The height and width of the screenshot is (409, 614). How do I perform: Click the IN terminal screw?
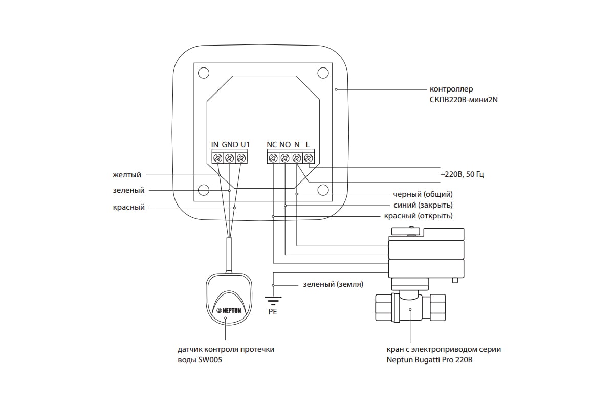[218, 158]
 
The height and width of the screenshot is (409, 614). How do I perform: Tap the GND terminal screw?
[229, 158]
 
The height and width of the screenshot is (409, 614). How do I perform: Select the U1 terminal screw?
[241, 158]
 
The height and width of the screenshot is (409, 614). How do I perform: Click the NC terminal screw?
[273, 158]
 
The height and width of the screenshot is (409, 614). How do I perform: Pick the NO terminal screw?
[285, 158]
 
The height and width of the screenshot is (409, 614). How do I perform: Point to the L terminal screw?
[309, 158]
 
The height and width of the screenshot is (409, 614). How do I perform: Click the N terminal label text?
[297, 144]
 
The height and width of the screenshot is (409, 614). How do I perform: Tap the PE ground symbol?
[273, 301]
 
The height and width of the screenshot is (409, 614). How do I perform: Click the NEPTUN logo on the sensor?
[229, 310]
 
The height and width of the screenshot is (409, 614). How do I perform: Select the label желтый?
[127, 175]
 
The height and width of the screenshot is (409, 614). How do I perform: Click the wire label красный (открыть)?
[419, 216]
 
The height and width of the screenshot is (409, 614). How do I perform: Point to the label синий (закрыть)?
[423, 205]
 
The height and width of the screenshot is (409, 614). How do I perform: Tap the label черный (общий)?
[423, 194]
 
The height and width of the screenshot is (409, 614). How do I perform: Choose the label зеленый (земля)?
[333, 284]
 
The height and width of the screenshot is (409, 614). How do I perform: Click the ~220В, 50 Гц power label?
[462, 174]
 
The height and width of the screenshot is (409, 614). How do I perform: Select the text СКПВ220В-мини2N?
[464, 100]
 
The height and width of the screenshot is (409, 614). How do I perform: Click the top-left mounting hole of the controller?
[204, 73]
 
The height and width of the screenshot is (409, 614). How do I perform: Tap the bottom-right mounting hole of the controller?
[323, 190]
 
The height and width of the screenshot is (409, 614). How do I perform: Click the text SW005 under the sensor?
[210, 360]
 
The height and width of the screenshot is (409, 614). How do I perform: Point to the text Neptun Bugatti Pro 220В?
[429, 360]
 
